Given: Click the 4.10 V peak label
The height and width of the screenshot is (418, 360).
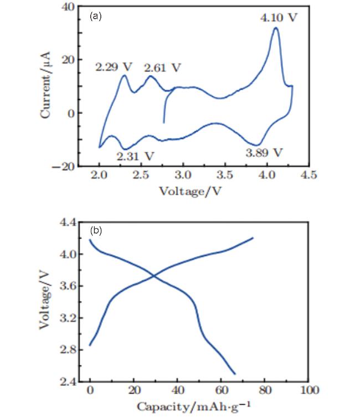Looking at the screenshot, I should (x=279, y=18).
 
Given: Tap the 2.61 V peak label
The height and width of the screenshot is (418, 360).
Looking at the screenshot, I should (x=163, y=68).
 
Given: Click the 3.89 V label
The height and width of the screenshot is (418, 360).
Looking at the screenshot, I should (x=264, y=151).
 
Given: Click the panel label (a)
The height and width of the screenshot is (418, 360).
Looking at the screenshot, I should (x=96, y=17).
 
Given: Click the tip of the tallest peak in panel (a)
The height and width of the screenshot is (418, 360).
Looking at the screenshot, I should (x=275, y=28).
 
